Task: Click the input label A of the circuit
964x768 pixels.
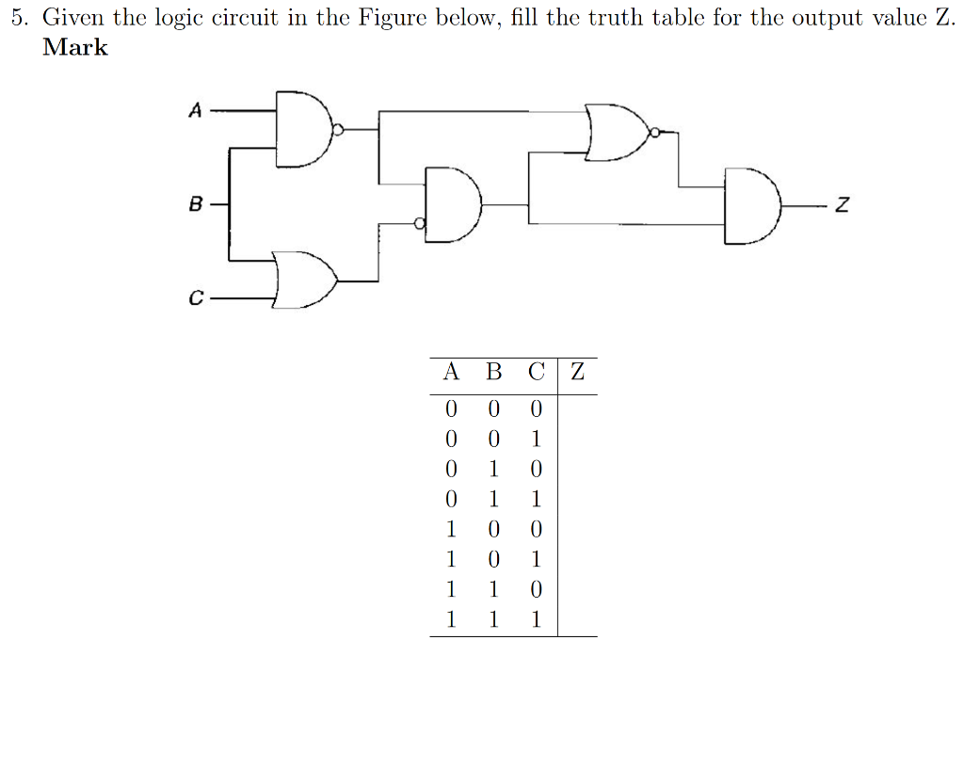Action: [x=196, y=111]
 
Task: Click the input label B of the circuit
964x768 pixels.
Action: [x=196, y=202]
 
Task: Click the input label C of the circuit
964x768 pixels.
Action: [x=196, y=299]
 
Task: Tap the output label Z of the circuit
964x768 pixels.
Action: [x=843, y=205]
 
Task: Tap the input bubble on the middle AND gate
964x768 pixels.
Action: [x=421, y=223]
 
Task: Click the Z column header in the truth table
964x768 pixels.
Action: [x=577, y=372]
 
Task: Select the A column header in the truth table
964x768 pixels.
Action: [x=451, y=372]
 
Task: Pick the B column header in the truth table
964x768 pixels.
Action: [x=493, y=372]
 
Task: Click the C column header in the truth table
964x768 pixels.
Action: [x=536, y=372]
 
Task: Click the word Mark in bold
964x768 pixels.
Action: [x=75, y=48]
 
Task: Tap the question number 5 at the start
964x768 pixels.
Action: [x=18, y=19]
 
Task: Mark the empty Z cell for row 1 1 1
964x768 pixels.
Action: [x=577, y=620]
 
